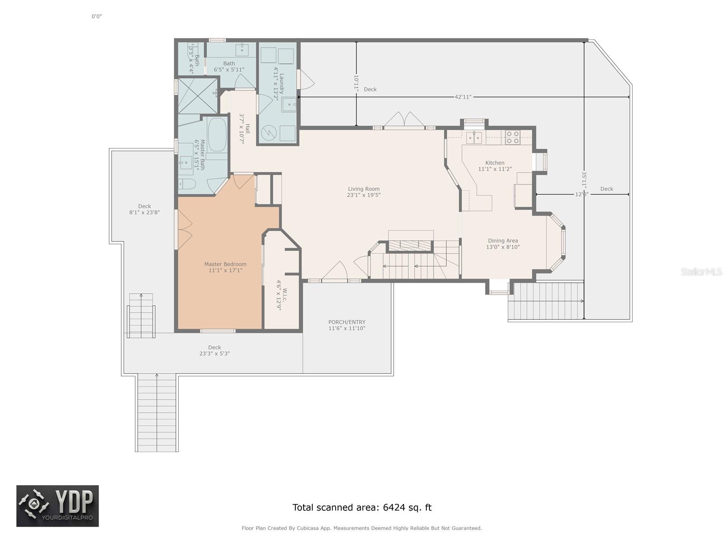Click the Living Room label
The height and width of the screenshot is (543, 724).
[363, 192]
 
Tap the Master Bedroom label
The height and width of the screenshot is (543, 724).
[225, 267]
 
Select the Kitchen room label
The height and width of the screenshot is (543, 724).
[495, 166]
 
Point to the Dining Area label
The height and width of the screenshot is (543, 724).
[503, 243]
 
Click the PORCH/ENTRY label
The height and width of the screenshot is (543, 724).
[347, 325]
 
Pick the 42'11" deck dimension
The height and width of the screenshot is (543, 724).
[463, 97]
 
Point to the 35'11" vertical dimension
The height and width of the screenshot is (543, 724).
[584, 180]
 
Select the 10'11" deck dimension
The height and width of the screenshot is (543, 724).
[356, 82]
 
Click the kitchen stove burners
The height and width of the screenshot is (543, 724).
[513, 138]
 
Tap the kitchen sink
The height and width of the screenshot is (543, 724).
[474, 138]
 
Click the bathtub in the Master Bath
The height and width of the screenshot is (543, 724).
[217, 135]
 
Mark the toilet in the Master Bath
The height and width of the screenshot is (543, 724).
[187, 184]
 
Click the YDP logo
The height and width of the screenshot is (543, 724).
[57, 506]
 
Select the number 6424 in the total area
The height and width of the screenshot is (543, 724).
[394, 507]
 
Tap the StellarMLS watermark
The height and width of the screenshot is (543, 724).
[701, 271]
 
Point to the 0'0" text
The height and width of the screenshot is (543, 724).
[97, 16]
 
